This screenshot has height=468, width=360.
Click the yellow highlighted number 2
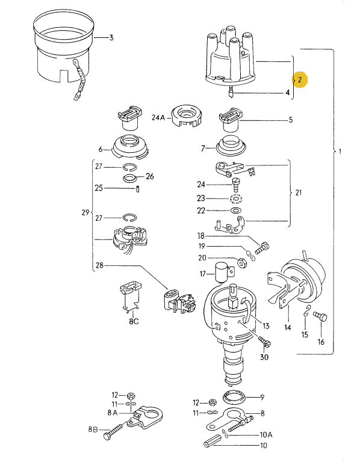pyautogui.click(x=300, y=79)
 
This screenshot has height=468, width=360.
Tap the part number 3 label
pyautogui.click(x=111, y=38)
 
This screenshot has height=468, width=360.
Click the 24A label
pyautogui.click(x=158, y=118)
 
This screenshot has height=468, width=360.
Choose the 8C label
pyautogui.click(x=132, y=321)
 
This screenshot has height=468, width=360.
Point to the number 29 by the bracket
pyautogui.click(x=85, y=212)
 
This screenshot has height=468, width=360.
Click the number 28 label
pyautogui.click(x=99, y=265)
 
